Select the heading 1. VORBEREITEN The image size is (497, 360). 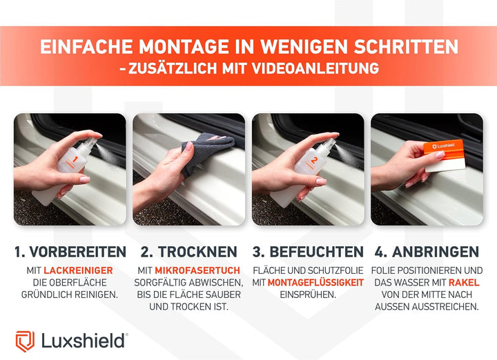[x=70, y=252]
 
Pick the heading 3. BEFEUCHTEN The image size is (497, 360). [x=308, y=252]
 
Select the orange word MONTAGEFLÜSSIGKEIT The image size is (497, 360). [x=316, y=282]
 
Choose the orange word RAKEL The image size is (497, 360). [x=465, y=282]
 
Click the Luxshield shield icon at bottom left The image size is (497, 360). [x=25, y=341]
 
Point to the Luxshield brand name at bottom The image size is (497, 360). [x=84, y=341]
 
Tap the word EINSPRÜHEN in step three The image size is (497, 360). [x=308, y=294]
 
